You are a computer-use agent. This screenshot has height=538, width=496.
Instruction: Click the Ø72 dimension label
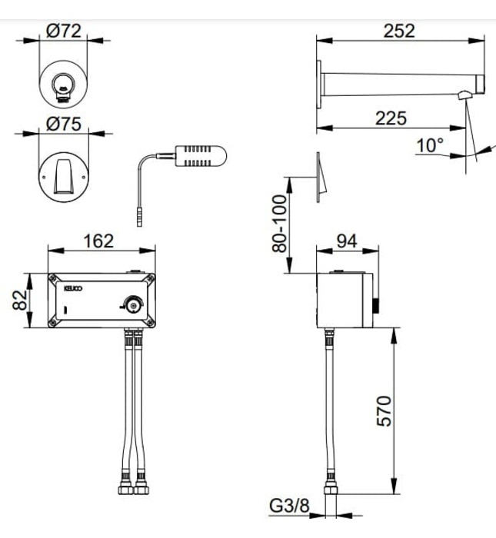(x=64, y=32)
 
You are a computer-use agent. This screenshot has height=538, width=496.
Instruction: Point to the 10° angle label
(x=430, y=144)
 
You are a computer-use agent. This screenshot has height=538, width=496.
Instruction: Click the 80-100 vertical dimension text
(x=279, y=223)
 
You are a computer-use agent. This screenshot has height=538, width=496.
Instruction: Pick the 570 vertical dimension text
(x=384, y=412)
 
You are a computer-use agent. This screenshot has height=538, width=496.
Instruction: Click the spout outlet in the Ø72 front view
(x=63, y=87)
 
